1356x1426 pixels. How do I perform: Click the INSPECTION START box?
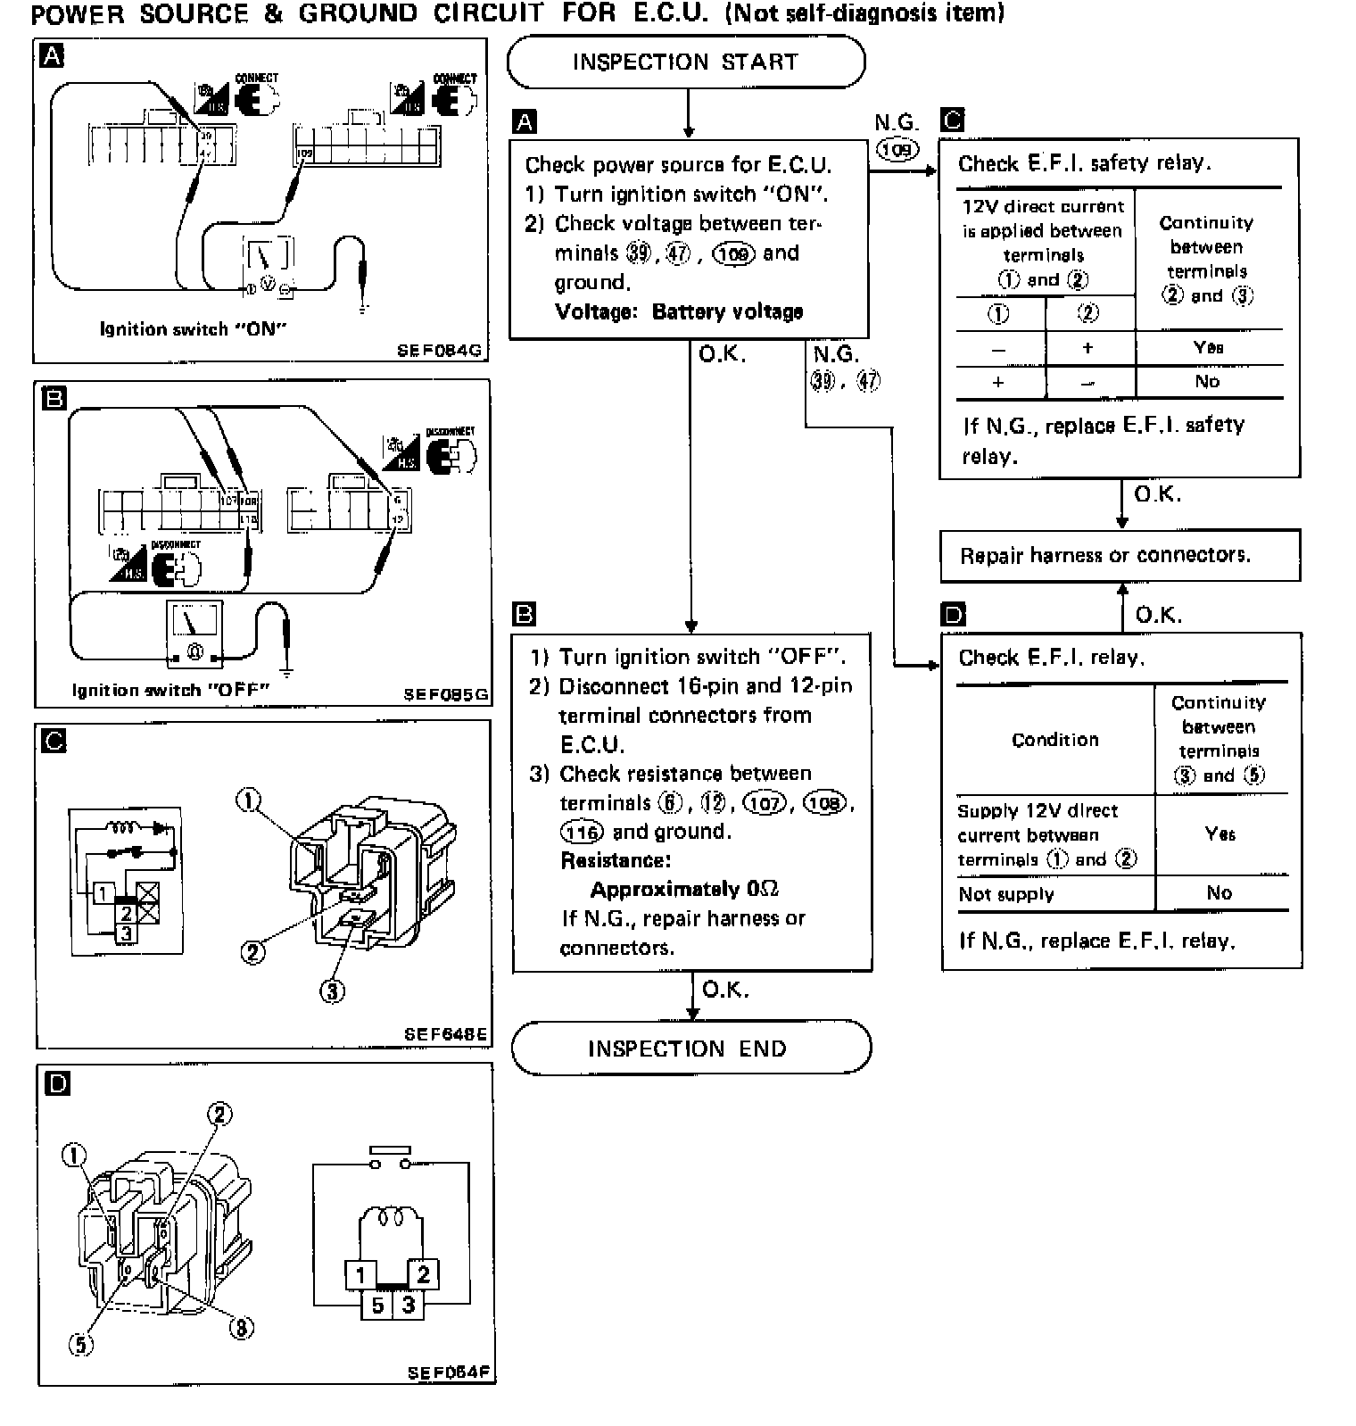(x=685, y=62)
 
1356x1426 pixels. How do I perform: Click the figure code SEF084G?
(x=439, y=351)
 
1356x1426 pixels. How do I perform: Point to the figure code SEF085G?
(x=445, y=693)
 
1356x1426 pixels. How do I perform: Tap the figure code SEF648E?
(x=445, y=1034)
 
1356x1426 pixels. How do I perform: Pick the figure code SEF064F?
(x=449, y=1372)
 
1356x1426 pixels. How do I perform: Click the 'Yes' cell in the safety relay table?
(x=1208, y=347)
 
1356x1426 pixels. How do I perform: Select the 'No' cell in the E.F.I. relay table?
(x=1219, y=892)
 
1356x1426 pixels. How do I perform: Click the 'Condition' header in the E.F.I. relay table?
(x=1054, y=740)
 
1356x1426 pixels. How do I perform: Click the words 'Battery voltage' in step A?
(x=727, y=311)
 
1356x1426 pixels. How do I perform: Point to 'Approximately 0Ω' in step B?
(x=684, y=890)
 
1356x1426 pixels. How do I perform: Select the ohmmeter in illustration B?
(x=194, y=634)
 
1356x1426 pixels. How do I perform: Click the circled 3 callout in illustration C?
(x=332, y=991)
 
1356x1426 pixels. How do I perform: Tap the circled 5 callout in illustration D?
(x=80, y=1344)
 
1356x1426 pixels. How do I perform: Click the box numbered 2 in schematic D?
(x=423, y=1274)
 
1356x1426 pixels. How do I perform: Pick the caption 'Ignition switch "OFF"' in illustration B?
(x=170, y=690)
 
